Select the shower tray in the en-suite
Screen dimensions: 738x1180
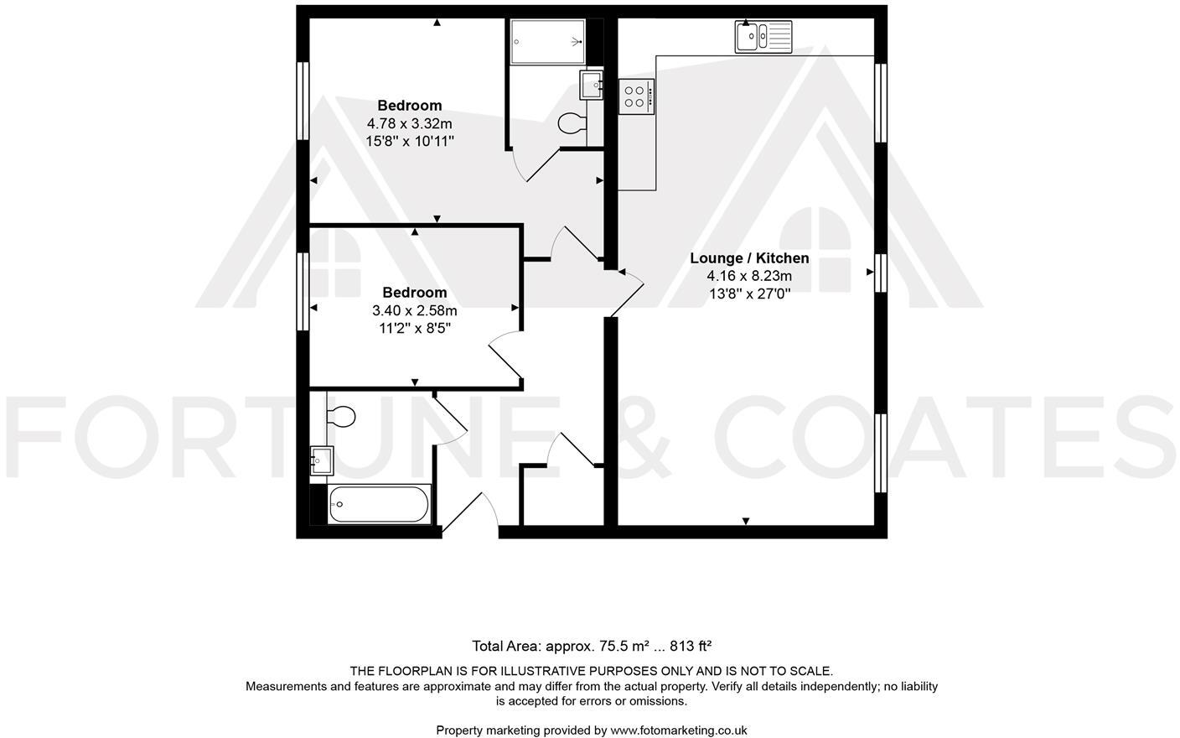547,40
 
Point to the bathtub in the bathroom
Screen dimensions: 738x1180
379,504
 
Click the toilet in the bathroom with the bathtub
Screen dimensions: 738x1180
340,416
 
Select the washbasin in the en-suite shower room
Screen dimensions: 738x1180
591,85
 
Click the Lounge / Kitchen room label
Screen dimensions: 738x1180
749,258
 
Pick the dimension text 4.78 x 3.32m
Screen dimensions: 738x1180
409,123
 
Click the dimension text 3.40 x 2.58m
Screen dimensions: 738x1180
414,310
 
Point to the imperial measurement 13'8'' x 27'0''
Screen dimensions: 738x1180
749,294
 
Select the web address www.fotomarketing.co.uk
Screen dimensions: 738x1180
678,730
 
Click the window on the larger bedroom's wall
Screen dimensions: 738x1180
304,101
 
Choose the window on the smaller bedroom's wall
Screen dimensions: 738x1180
304,289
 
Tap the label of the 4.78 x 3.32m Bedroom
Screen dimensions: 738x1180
409,106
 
